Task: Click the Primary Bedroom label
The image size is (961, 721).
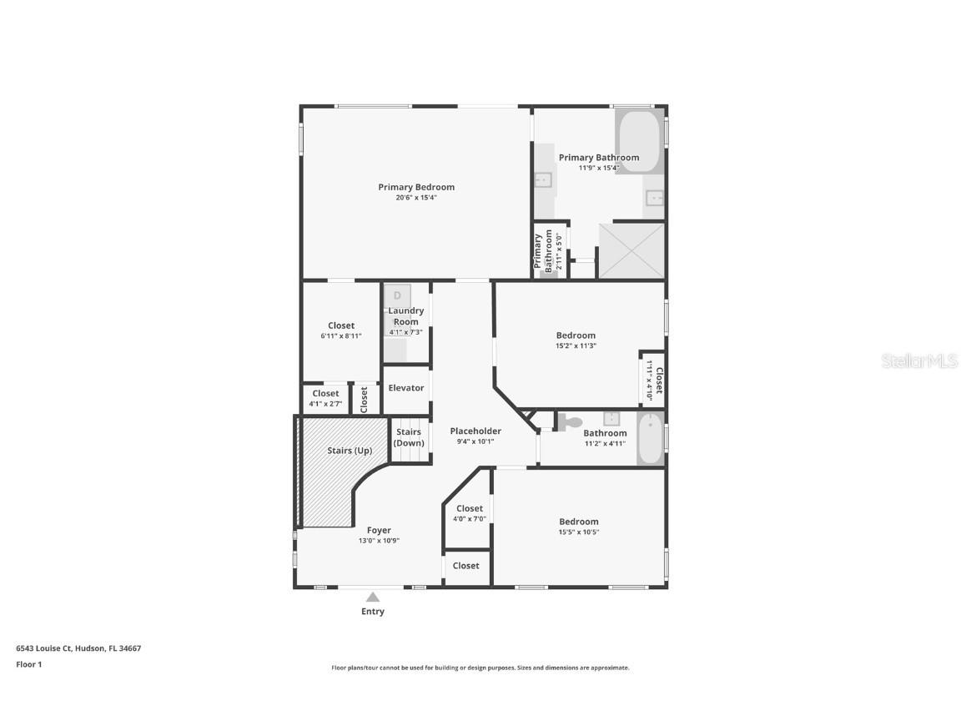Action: coord(416,187)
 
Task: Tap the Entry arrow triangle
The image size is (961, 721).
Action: coord(373,597)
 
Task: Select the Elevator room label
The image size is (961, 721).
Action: coord(406,388)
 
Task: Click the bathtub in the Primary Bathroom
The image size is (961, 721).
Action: coord(640,141)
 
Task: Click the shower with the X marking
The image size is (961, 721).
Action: coord(631,250)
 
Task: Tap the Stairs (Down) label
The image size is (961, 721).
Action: coord(409,437)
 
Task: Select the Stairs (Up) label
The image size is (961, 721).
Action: coord(350,451)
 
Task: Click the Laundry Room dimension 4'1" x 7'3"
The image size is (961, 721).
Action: coord(405,332)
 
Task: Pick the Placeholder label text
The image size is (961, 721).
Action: coord(475,431)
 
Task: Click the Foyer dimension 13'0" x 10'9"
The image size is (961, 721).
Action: coord(379,541)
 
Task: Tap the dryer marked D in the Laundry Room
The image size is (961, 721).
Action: coord(398,295)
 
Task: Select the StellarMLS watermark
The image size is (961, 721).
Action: coord(919,360)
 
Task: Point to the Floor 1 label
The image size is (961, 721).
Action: coord(28,664)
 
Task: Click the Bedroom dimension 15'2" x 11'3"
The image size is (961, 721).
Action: coord(576,345)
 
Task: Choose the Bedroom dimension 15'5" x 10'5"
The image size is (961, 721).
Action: coord(579,532)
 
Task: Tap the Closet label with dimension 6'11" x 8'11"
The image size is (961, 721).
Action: coord(341,325)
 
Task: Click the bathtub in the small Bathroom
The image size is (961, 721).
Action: coord(650,438)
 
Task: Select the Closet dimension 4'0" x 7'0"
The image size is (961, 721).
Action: coord(469,519)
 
